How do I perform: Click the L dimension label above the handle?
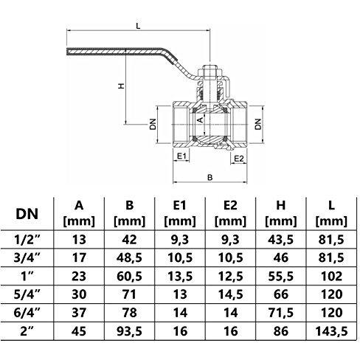coord(139,26)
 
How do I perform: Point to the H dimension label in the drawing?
coord(121,86)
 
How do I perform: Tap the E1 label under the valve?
coord(182,156)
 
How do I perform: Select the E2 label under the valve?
coord(238,159)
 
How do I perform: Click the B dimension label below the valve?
coord(210,177)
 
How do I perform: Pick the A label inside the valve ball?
coord(201,120)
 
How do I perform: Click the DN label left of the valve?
coord(153,124)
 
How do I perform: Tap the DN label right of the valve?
coord(258,124)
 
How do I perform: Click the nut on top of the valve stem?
coord(210,71)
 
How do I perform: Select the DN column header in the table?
coord(27,214)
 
